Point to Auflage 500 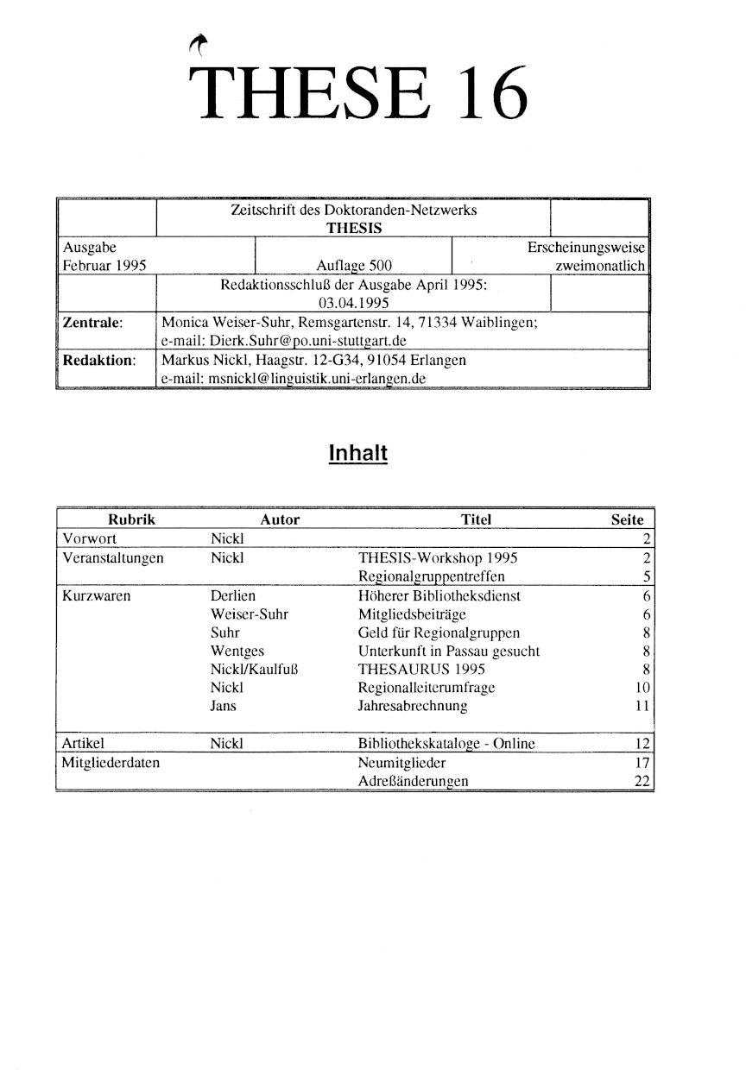tap(355, 267)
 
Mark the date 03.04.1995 tap(354, 303)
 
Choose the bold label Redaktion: tap(98, 359)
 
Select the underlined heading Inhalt tap(358, 452)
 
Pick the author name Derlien tap(233, 595)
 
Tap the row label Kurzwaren tap(93, 595)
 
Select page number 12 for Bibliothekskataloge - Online tap(641, 745)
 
